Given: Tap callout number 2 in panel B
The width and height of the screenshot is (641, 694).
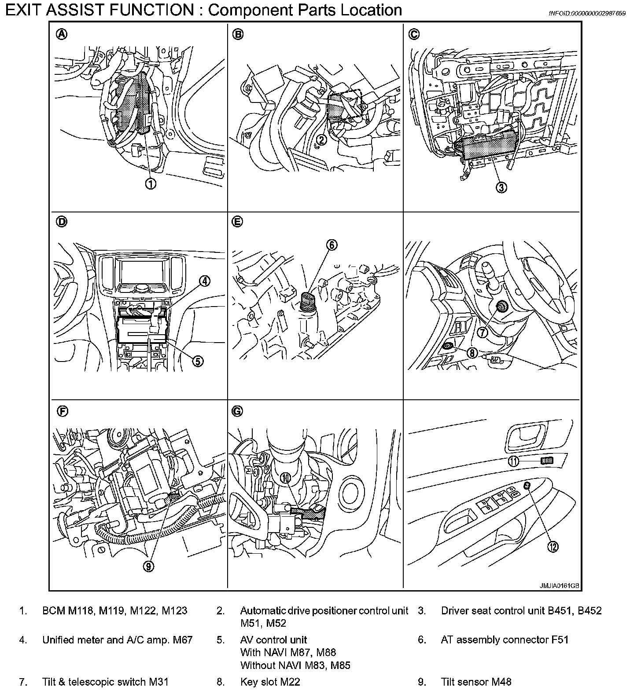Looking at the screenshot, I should [x=322, y=140].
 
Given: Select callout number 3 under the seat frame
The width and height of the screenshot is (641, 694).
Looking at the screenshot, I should [x=501, y=187].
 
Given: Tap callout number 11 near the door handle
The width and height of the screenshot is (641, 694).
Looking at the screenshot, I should [x=514, y=461].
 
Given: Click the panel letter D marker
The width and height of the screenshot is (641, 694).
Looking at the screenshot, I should [x=62, y=223].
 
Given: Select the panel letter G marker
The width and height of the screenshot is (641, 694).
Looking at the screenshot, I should [x=237, y=411].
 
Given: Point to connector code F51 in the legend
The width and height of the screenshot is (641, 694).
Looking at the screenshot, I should [x=560, y=640].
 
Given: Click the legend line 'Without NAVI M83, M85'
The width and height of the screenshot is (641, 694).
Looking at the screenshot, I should [x=295, y=665].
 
